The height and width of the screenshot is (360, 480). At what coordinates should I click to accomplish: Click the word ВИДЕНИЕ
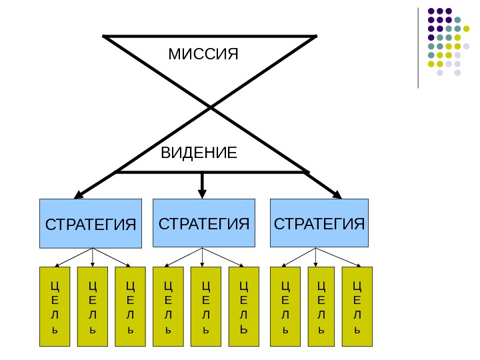pos(199,153)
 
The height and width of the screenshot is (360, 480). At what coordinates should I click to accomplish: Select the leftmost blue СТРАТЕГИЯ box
pos(91,223)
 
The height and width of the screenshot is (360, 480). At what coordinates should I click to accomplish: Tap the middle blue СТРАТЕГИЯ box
pos(204,223)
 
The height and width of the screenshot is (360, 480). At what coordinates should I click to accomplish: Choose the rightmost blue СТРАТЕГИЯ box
pos(319,223)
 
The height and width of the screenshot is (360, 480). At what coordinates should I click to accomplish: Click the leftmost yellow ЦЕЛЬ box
pos(55,307)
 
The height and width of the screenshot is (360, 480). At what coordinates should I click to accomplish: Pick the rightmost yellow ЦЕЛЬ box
pos(357,307)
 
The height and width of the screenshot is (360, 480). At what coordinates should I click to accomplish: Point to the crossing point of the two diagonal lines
pos(211,107)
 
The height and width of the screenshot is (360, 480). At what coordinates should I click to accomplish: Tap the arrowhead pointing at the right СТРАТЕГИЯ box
pos(337,195)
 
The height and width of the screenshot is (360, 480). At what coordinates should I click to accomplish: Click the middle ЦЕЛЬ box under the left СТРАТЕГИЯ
pos(92,307)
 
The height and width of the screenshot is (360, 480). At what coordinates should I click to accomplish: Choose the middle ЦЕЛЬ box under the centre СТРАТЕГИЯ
pos(205,307)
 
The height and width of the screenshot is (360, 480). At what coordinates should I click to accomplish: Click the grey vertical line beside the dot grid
pos(418,47)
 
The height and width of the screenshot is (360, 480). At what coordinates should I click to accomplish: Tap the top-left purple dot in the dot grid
pos(431,11)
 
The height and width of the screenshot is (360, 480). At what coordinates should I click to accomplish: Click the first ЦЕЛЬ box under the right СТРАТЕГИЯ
pos(285,307)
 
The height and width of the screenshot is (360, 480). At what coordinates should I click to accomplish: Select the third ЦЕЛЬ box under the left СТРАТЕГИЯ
pos(130,307)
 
